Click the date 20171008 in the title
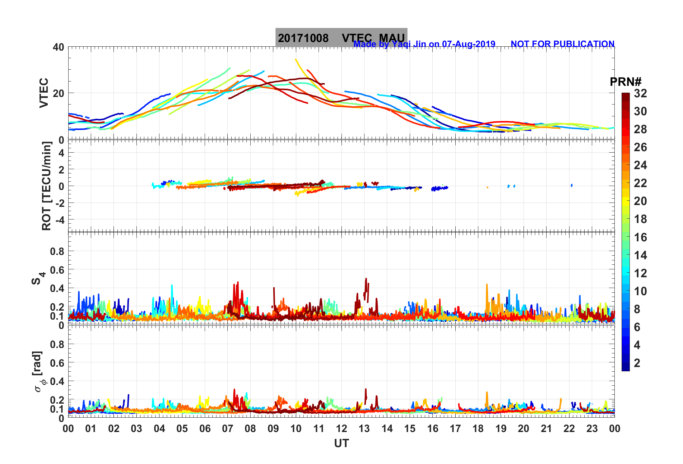pos(303,38)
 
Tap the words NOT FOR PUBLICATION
pos(562,44)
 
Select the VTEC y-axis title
pos(43,93)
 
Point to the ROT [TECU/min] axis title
pos(46,186)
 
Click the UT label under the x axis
pos(341,444)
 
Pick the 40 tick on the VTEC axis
pos(58,47)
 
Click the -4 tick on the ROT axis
pos(59,219)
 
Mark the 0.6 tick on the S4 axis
pos(57,270)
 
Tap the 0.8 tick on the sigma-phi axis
pos(57,344)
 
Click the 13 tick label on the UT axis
pos(364,428)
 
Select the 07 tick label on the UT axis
pos(228,428)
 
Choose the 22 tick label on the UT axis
pos(569,428)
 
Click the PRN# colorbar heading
pos(626,82)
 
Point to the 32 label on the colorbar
pos(640,93)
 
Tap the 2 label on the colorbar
pos(637,363)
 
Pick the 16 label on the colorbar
pos(640,237)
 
